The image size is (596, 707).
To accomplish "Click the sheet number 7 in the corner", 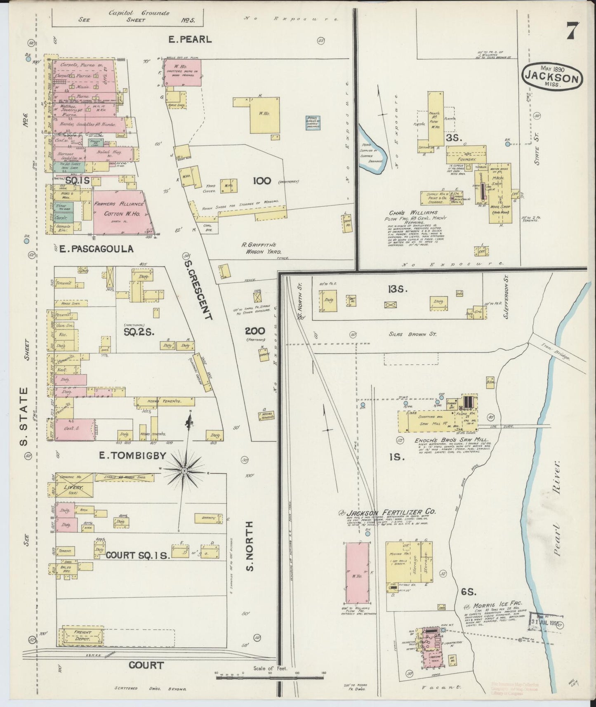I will point(572,30).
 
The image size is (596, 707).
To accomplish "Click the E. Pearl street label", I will point(190,40).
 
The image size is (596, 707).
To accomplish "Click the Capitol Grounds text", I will point(139,13).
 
